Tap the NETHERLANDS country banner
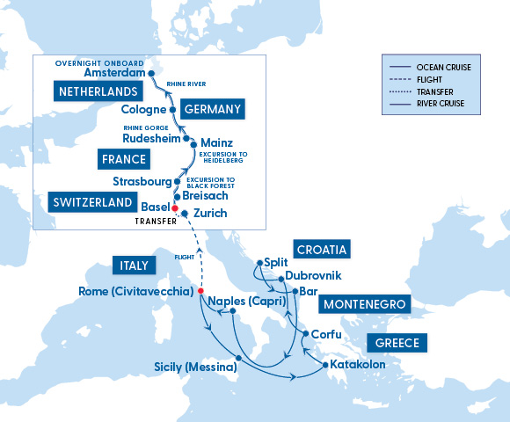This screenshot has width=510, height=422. click(97, 91)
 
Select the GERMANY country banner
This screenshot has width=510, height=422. click(212, 109)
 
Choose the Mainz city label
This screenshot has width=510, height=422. click(216, 142)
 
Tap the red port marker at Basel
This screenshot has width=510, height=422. click(174, 207)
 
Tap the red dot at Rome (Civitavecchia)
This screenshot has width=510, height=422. click(201, 291)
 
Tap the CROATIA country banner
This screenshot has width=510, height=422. click(321, 249)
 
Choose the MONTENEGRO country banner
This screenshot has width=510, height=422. click(363, 303)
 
